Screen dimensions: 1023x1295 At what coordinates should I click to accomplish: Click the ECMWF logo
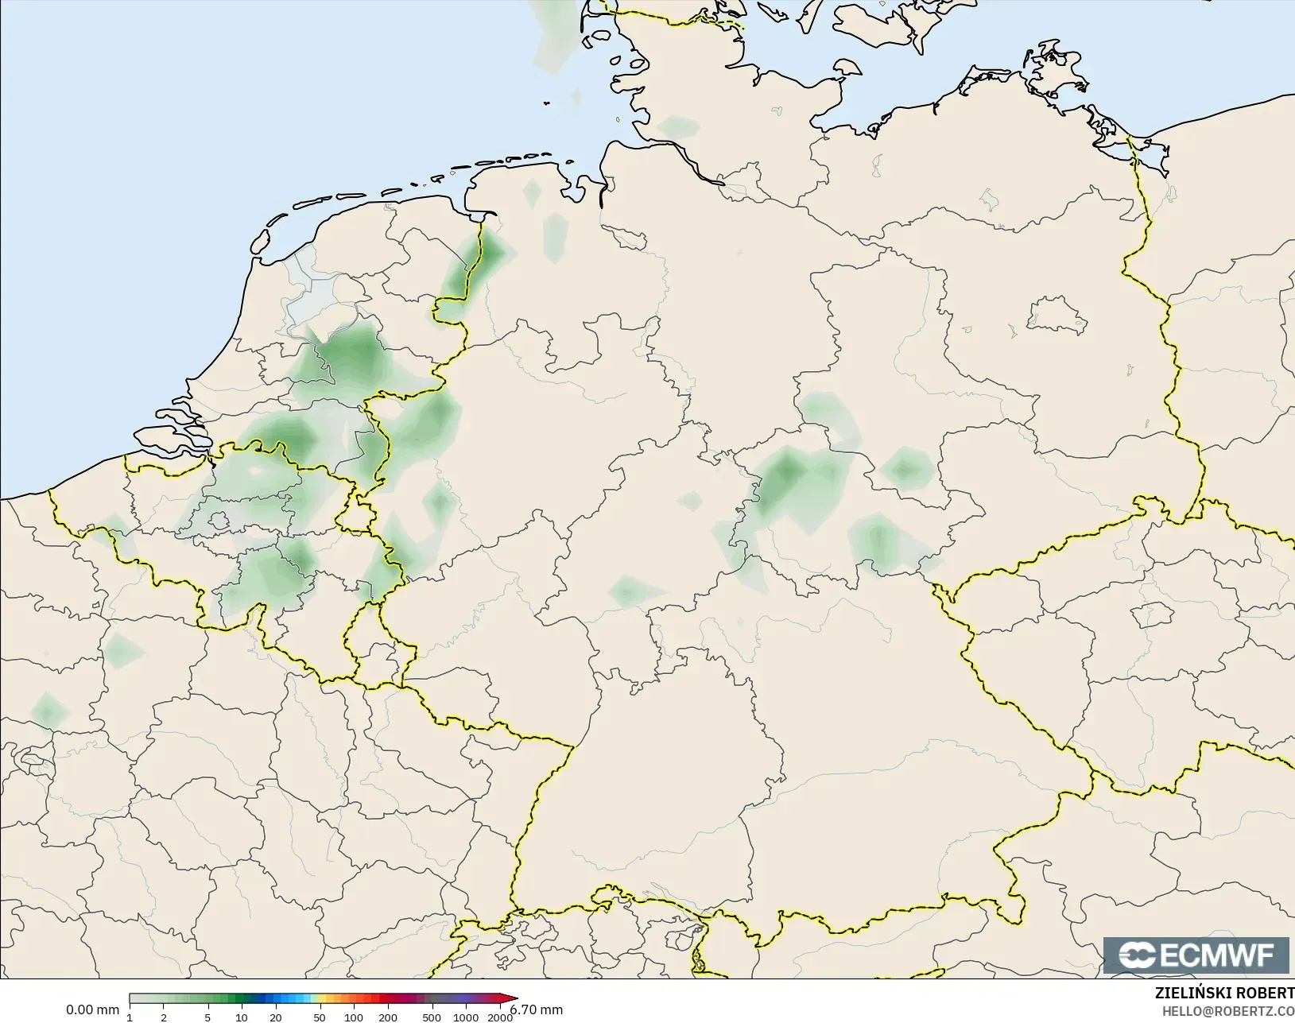click(1196, 955)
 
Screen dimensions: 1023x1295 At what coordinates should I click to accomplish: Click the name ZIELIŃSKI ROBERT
click(1224, 994)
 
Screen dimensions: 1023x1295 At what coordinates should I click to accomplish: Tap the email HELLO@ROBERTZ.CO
click(1228, 1011)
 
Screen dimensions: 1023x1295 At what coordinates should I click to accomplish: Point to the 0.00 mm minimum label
click(92, 1010)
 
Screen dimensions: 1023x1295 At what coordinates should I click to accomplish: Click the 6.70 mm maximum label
click(537, 1010)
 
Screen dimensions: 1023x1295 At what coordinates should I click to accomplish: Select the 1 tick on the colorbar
click(130, 1017)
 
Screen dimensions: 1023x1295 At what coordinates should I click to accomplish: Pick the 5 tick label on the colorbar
click(207, 1017)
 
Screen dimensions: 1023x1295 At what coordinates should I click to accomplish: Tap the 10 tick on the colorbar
click(242, 1017)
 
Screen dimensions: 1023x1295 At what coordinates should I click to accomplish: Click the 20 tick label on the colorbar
click(275, 1017)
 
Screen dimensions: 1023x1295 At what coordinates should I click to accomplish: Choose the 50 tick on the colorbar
click(320, 1017)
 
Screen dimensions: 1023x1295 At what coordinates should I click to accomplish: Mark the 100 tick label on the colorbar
click(354, 1017)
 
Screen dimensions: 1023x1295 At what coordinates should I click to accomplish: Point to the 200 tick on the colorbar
click(388, 1017)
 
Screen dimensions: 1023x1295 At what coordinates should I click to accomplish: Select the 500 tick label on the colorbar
click(432, 1017)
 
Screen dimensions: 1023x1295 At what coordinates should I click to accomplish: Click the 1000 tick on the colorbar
click(466, 1017)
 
